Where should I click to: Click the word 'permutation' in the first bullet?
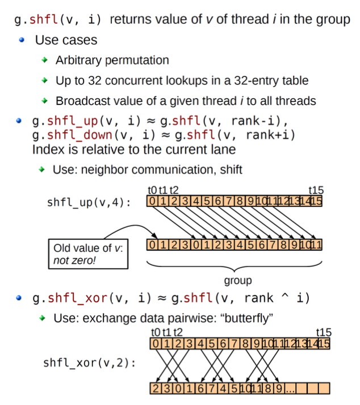(x=137, y=61)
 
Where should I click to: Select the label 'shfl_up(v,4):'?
(x=88, y=202)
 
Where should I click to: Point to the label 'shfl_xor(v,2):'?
(x=89, y=361)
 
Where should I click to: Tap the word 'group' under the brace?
(x=238, y=280)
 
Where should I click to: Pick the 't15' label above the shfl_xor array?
(x=324, y=332)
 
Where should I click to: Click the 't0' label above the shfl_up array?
(x=152, y=191)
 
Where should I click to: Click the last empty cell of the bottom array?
(x=323, y=389)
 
